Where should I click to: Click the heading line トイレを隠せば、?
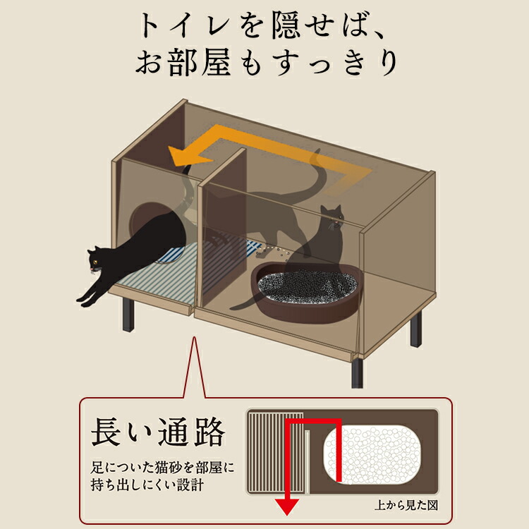tap(264, 26)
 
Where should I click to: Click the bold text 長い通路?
tap(158, 432)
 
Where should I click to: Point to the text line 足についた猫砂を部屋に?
tap(162, 467)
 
